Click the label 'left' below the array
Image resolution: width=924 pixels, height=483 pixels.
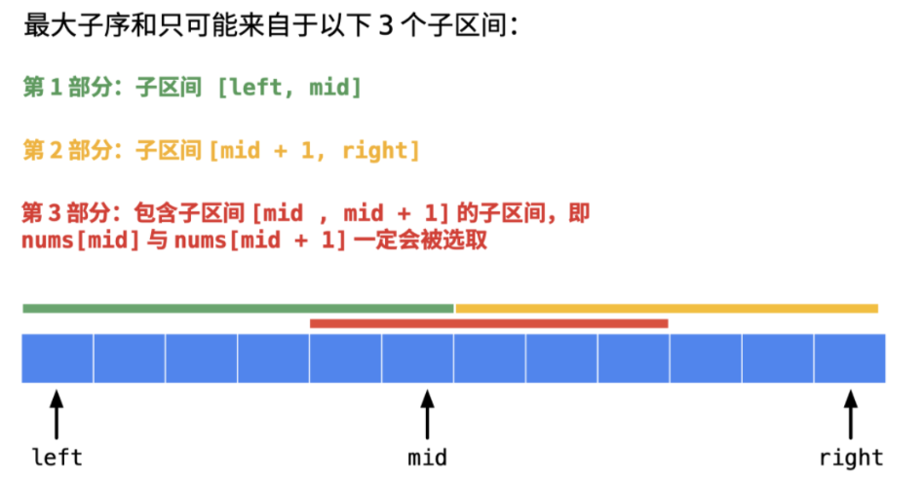tap(58, 457)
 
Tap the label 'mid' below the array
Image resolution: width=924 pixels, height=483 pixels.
tap(427, 457)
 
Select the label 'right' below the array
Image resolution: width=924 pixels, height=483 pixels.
tap(851, 457)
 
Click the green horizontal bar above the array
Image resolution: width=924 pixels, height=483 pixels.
tap(238, 309)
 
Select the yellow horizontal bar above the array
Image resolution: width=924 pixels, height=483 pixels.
tap(667, 309)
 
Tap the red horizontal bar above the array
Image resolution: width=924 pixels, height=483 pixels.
tap(488, 323)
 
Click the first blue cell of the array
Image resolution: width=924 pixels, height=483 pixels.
tap(58, 357)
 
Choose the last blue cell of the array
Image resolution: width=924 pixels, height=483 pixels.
tap(850, 357)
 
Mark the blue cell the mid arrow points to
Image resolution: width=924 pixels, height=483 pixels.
tap(417, 357)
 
